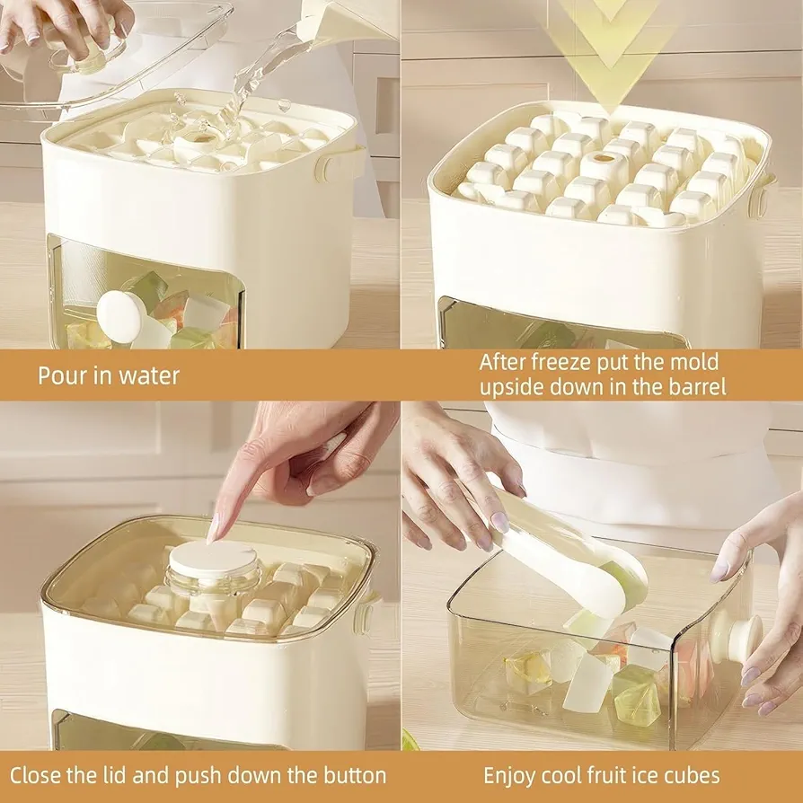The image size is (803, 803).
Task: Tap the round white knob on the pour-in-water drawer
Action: pyautogui.click(x=121, y=316)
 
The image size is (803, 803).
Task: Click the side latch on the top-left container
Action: pyautogui.click(x=328, y=169)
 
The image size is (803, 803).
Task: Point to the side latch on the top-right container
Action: pyautogui.click(x=763, y=195)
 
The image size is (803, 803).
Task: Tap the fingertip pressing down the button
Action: pyautogui.click(x=213, y=533)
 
